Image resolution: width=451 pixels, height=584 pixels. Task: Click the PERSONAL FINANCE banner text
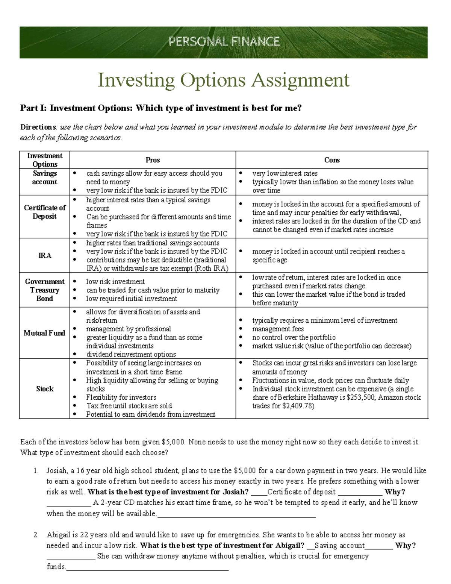click(224, 41)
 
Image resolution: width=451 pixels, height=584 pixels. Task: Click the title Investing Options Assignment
click(223, 80)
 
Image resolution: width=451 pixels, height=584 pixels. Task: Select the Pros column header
click(153, 160)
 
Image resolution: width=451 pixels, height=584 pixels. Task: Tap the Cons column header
click(332, 160)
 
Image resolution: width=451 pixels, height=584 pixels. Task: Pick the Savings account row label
click(44, 177)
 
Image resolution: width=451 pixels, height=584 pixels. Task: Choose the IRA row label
click(44, 255)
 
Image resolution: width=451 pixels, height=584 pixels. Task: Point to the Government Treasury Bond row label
click(44, 290)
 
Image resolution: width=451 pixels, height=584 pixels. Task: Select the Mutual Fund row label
click(44, 333)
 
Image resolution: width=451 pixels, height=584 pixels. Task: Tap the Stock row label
click(44, 389)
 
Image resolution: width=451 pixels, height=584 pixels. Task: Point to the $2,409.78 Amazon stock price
click(297, 406)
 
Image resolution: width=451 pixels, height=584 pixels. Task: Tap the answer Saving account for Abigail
click(339, 545)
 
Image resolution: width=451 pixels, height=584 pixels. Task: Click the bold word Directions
click(38, 127)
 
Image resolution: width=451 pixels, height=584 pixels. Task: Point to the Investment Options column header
click(44, 160)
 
